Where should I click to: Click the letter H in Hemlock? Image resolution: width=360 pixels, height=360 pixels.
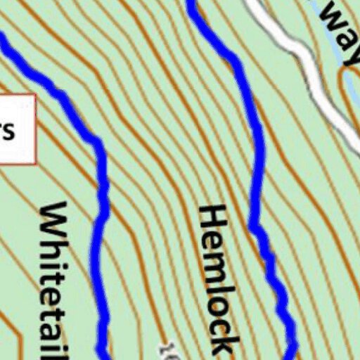click(214, 219)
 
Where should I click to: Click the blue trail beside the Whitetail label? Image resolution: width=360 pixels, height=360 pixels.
click(102, 211)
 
